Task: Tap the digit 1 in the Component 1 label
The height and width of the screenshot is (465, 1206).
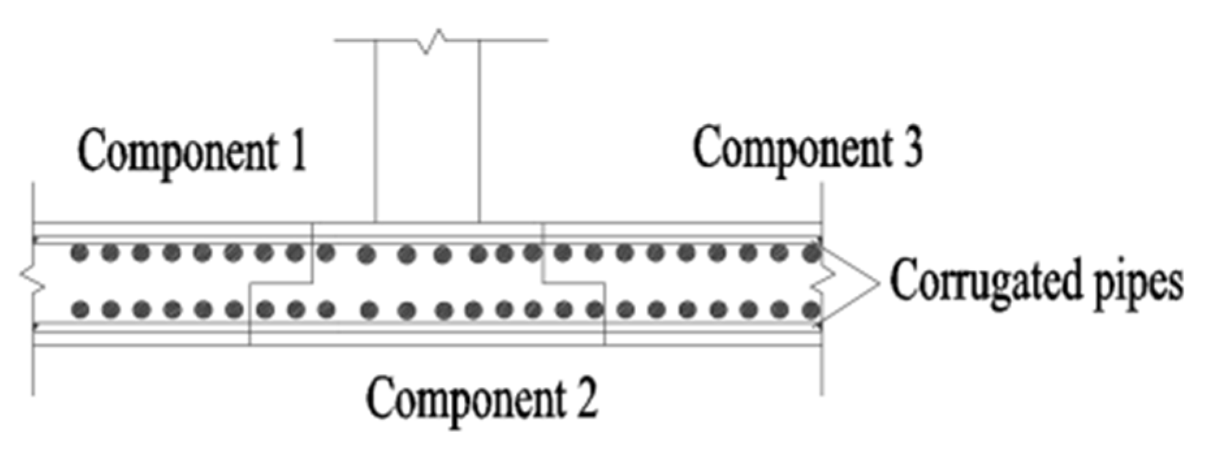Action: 297,150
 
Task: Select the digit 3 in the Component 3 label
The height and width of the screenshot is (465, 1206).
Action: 913,146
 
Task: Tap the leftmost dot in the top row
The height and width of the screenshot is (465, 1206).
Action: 79,253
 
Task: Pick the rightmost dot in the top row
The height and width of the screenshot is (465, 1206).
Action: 811,253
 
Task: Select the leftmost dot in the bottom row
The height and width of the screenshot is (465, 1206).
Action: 79,310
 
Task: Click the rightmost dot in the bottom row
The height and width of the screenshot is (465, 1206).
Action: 811,310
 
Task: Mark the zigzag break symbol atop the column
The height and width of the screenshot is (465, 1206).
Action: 433,40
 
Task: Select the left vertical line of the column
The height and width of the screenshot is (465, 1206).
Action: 375,130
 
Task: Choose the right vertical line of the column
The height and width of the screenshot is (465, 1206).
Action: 480,130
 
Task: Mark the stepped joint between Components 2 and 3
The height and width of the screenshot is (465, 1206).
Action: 572,283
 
